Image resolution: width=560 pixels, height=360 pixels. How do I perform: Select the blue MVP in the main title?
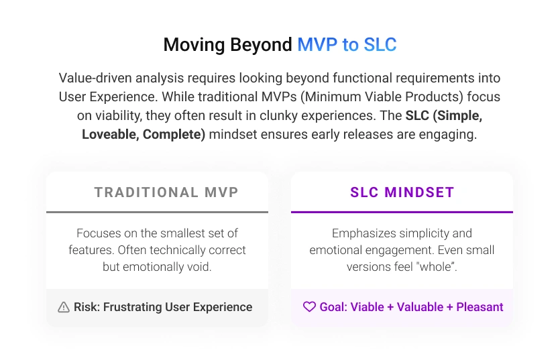click(318, 45)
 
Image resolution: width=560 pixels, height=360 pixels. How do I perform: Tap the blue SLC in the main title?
click(380, 45)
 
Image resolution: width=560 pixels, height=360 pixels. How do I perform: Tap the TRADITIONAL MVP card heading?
click(166, 192)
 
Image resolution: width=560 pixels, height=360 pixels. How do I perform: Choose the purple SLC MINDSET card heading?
click(402, 192)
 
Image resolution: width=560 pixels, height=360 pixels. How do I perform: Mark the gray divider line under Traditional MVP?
click(157, 212)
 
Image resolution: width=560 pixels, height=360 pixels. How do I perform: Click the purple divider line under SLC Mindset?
click(402, 212)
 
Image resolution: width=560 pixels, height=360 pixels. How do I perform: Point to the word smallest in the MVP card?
click(182, 233)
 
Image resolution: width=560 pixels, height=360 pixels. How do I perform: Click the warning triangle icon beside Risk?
click(64, 308)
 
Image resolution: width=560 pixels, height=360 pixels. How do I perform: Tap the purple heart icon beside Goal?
click(309, 307)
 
